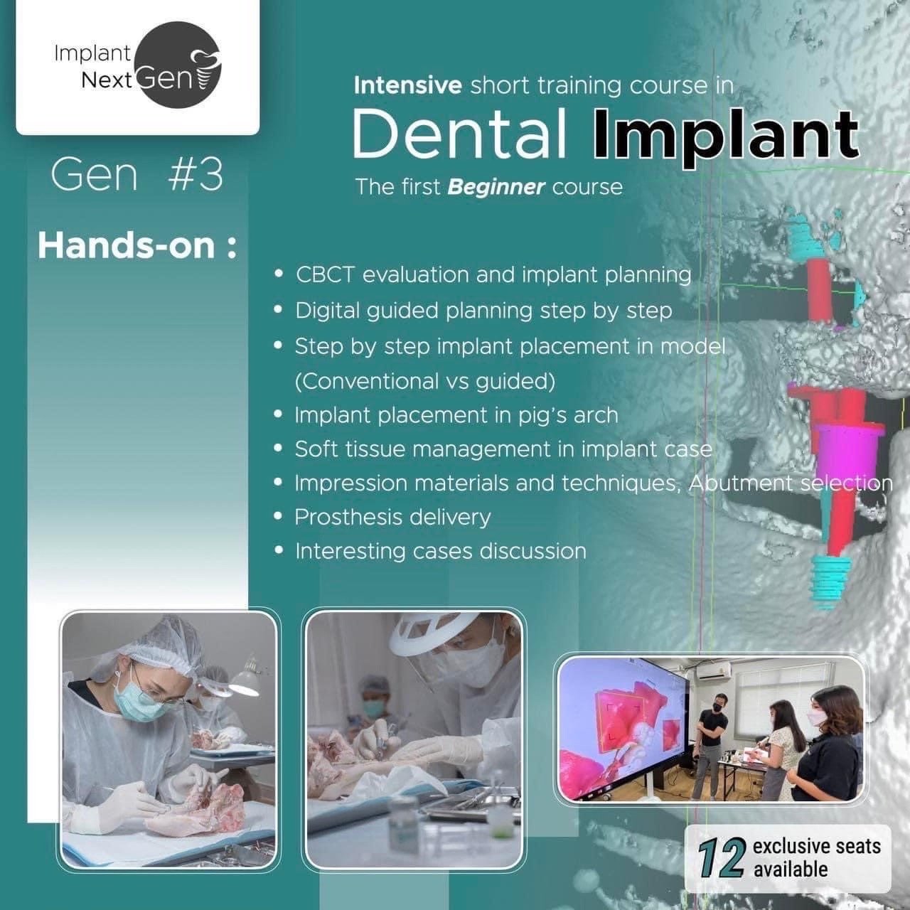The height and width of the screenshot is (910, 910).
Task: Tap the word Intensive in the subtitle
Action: [x=407, y=85]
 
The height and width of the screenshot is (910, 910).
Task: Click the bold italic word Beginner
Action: [x=496, y=188]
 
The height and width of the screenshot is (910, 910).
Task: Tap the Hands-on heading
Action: [x=137, y=246]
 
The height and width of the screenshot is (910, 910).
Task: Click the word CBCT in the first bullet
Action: [x=325, y=275]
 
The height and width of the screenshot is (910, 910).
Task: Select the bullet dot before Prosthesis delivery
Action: [x=279, y=517]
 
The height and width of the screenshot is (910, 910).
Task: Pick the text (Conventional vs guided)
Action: [x=425, y=382]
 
